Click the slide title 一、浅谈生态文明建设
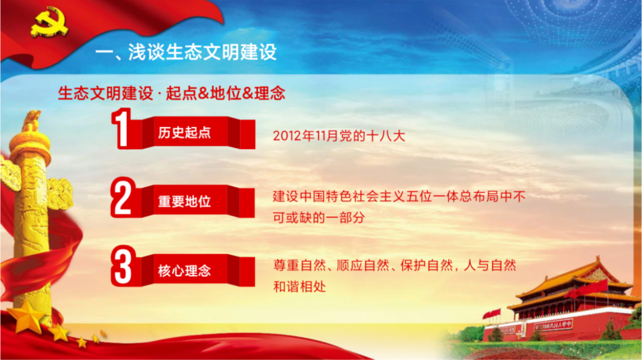point(186,52)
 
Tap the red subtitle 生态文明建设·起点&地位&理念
point(172,93)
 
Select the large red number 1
point(122,129)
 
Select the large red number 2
point(123,197)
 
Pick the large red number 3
point(123,266)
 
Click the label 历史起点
point(184,133)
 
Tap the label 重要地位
point(184,202)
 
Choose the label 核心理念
point(184,271)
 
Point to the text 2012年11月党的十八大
point(339,136)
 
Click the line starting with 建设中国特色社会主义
point(399,196)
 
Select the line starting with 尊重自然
point(395,266)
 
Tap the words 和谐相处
point(300,287)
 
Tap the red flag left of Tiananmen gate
point(492,314)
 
